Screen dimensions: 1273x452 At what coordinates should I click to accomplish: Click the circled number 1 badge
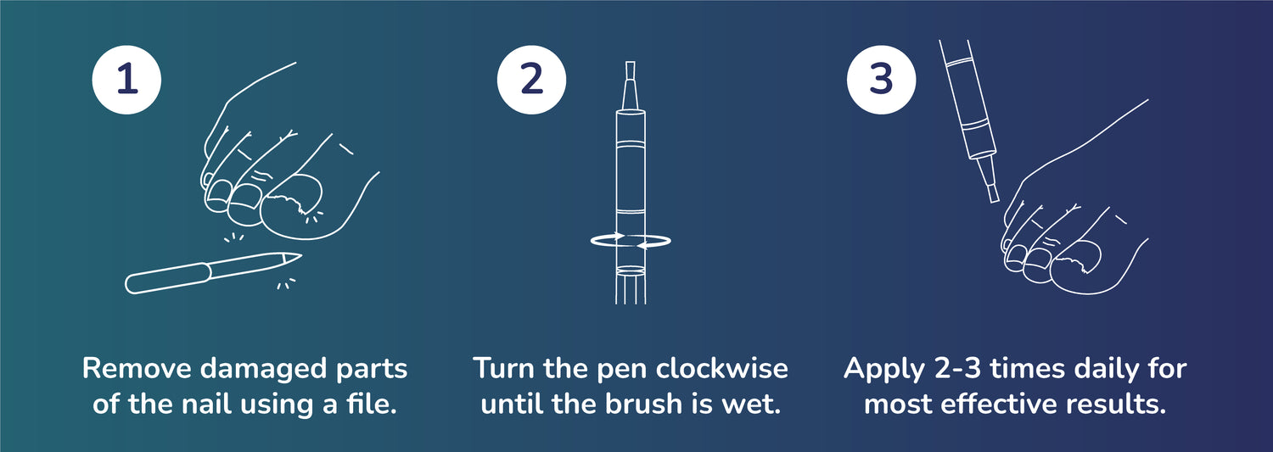(126, 80)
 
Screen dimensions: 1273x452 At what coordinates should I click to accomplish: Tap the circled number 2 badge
(531, 80)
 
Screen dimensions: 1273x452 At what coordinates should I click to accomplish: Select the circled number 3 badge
(881, 80)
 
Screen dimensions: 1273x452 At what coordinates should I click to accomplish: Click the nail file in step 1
(212, 273)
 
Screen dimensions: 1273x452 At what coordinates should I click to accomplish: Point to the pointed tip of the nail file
(300, 255)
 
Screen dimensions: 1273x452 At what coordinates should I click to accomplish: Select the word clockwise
(721, 368)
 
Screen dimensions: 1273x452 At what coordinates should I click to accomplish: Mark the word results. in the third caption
(1116, 404)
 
